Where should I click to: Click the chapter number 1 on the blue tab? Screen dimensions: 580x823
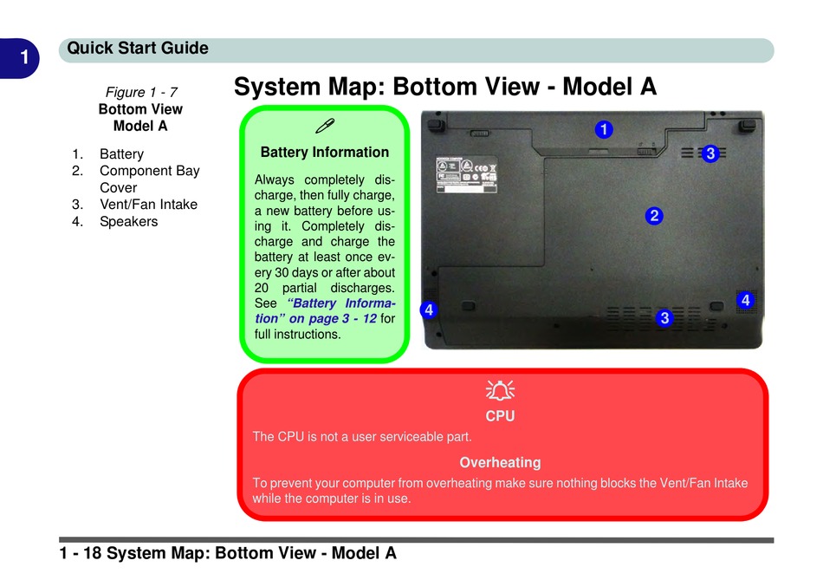coord(25,58)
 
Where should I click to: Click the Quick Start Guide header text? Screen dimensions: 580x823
coord(138,49)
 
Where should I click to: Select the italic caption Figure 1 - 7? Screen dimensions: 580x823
coord(141,92)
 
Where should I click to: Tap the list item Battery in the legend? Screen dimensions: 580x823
coord(121,154)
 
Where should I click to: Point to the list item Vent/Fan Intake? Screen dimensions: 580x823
coord(148,205)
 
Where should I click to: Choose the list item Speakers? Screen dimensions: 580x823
coord(128,221)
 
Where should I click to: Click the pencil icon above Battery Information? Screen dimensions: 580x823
coord(325,126)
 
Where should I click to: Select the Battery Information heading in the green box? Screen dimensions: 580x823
coord(325,153)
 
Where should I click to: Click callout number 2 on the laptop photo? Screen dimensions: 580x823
coord(654,215)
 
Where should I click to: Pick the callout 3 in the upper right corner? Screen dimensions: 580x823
coord(710,153)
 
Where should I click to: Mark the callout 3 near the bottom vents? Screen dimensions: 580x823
coord(664,317)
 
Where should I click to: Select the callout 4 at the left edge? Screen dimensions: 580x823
coord(428,310)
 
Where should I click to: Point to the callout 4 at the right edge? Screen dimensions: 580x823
coord(745,300)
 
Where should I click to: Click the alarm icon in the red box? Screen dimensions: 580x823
coord(500,390)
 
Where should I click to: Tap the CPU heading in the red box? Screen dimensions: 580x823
coord(500,416)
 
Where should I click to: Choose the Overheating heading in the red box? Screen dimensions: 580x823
coord(500,463)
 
